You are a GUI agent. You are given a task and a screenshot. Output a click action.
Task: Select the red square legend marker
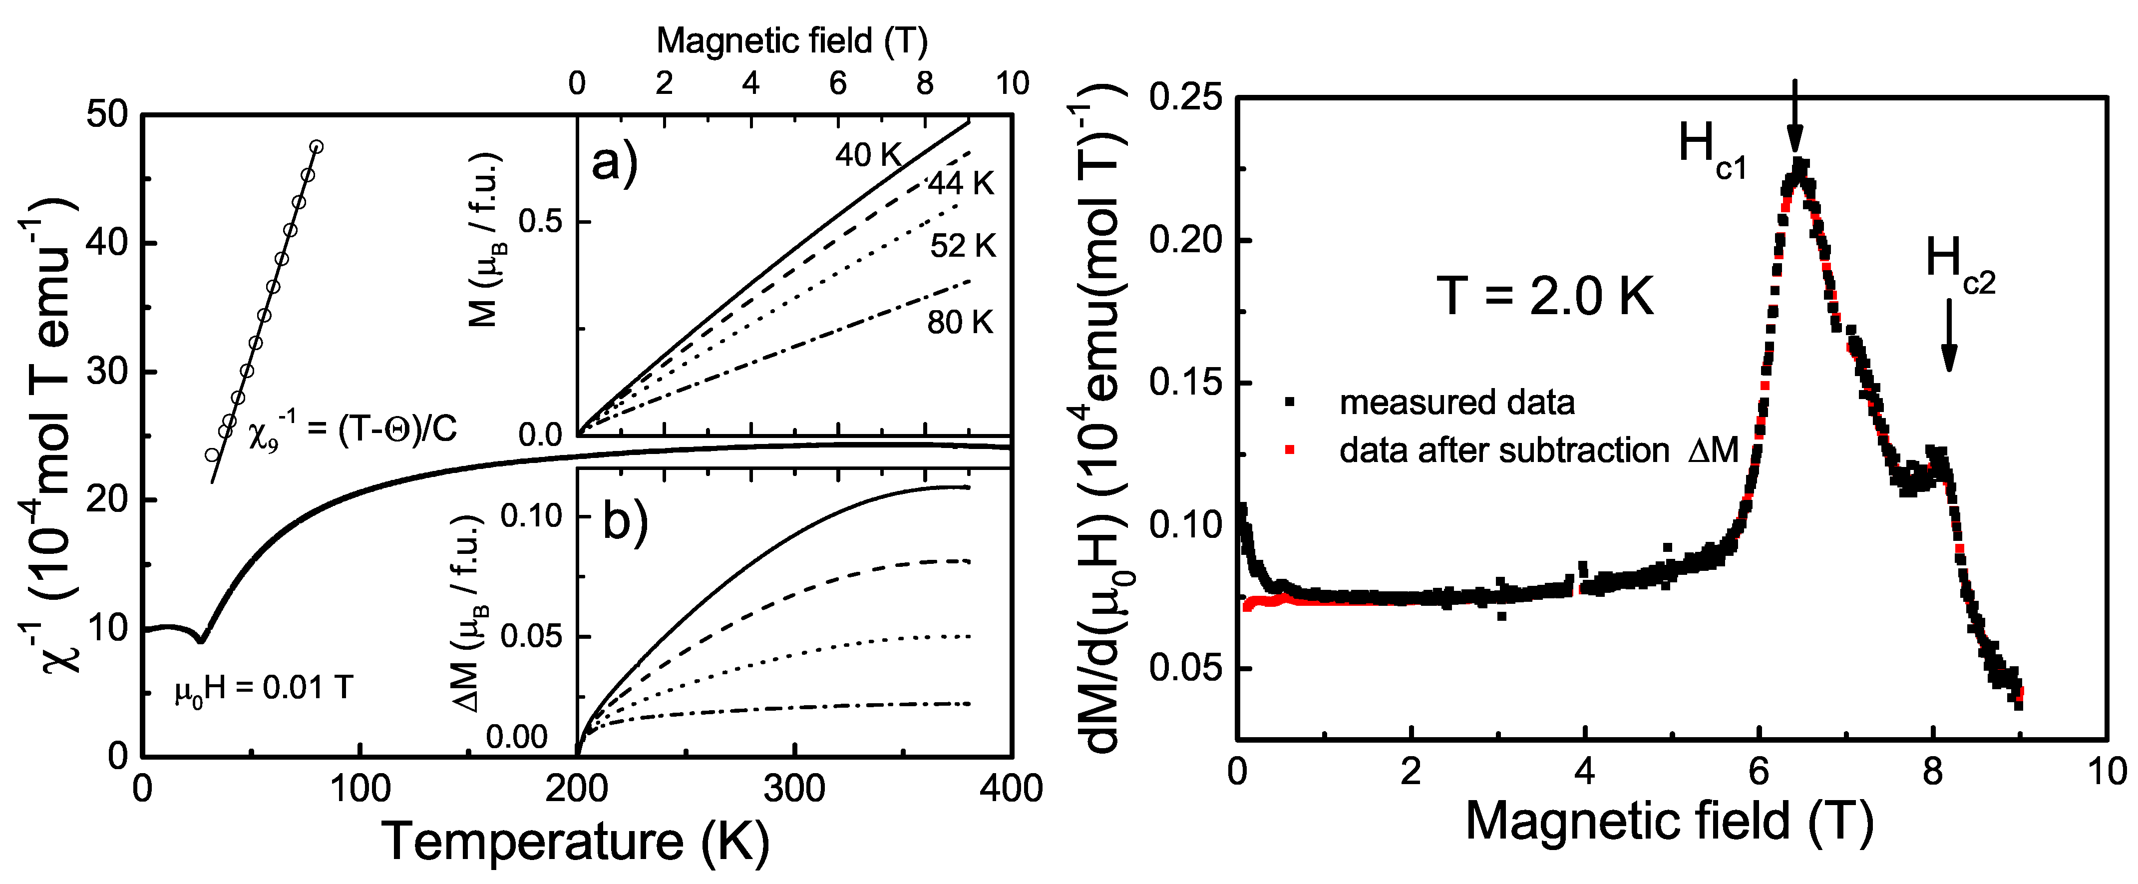[1290, 450]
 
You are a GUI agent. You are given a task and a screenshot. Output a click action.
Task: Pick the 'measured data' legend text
[1456, 403]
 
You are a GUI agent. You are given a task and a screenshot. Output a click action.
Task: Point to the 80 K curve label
[960, 323]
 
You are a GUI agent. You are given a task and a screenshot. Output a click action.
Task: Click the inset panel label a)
[614, 161]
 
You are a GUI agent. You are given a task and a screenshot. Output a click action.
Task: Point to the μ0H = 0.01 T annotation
[264, 688]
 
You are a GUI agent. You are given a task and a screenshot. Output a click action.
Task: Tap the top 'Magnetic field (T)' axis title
[792, 40]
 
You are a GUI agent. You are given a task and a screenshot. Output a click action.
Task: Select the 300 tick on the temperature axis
[794, 788]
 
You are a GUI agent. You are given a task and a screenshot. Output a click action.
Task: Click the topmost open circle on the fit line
[316, 147]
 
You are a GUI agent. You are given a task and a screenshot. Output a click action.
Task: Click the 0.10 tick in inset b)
[531, 516]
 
